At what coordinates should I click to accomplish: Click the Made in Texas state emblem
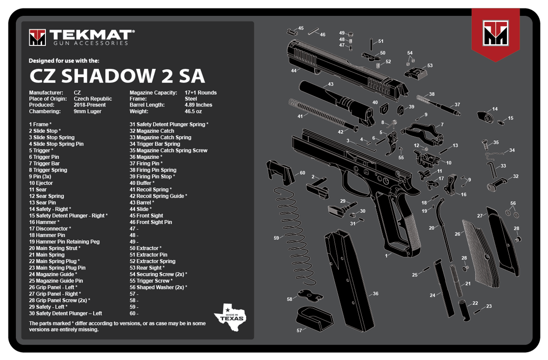point(230,317)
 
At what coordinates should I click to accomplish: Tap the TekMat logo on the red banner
point(495,33)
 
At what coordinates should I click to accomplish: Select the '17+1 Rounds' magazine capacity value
point(201,93)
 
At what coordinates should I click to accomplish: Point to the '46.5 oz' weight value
point(193,111)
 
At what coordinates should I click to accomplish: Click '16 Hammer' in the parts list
point(43,222)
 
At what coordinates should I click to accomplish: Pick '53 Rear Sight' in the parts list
point(145,268)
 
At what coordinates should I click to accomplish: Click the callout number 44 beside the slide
point(294,71)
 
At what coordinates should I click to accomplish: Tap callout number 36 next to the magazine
point(375,294)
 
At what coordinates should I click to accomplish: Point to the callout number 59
point(276,238)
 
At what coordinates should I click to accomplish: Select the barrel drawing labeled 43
point(337,103)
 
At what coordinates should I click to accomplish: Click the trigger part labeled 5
point(392,143)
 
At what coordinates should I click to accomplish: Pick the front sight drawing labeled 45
point(292,32)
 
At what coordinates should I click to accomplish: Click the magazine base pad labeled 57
point(314,318)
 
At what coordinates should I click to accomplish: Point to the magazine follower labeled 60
point(280,173)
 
